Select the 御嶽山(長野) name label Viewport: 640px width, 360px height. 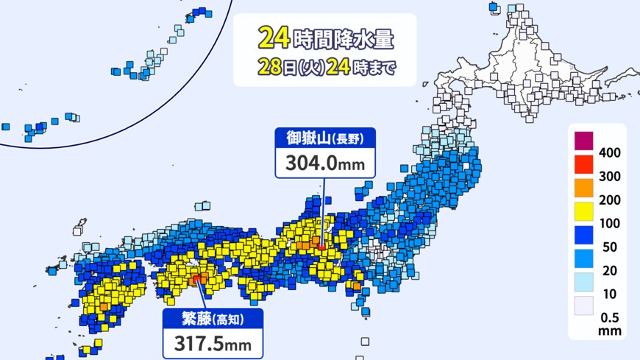point(324,138)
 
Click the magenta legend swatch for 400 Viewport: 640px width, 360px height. point(583,140)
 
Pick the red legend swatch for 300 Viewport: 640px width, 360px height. point(583,163)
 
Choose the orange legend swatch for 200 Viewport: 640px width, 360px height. point(583,187)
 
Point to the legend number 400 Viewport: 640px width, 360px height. point(611,152)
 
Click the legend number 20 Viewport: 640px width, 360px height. point(611,270)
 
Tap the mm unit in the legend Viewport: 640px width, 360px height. point(611,331)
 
